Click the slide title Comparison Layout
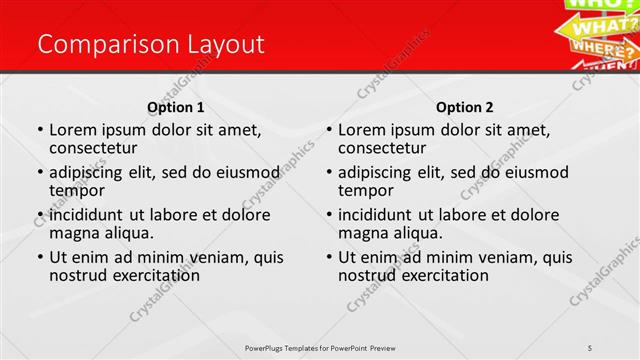[150, 44]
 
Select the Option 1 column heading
[176, 107]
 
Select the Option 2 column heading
[464, 107]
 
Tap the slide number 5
[591, 347]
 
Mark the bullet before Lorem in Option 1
[39, 130]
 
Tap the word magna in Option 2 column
[362, 232]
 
